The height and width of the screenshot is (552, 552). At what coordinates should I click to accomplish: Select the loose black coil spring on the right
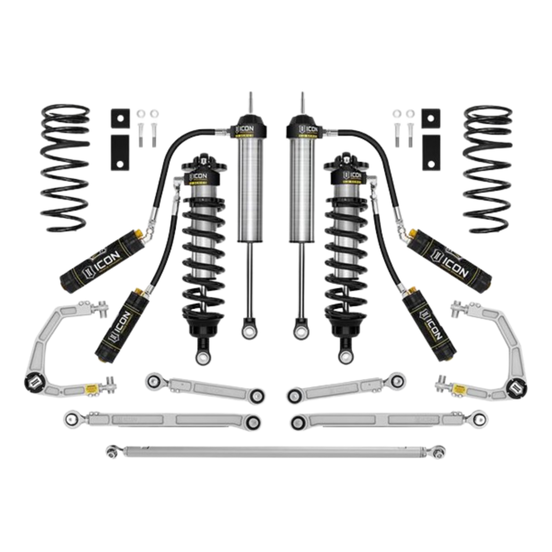point(485,168)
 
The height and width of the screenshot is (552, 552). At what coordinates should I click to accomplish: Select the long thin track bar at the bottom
point(275,452)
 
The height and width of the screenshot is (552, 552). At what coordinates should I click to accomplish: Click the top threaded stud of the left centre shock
point(250,103)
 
